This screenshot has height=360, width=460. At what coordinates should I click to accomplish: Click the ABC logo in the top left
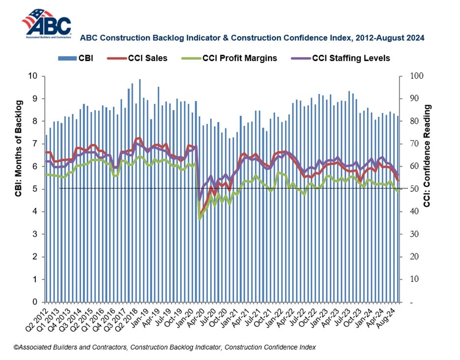pos(46,24)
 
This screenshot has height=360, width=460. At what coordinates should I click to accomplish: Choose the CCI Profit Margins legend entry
pos(230,58)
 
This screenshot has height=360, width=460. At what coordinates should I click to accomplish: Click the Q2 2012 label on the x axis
pos(38,318)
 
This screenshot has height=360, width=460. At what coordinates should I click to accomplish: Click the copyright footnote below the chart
pos(165,347)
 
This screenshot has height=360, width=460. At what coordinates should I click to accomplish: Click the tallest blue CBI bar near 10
pos(140,190)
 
